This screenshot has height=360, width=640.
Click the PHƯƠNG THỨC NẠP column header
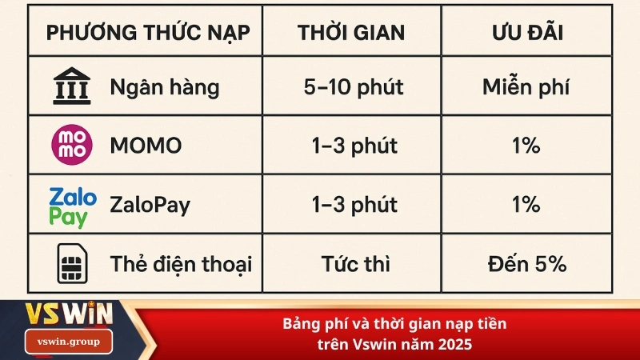point(148,34)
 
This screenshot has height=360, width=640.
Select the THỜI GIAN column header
point(351,34)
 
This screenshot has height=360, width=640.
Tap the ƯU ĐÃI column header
point(526,34)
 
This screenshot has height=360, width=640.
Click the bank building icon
point(71,86)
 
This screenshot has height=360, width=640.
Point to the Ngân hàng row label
point(164,87)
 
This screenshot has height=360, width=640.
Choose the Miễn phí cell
point(526,87)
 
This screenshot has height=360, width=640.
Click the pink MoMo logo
point(71,146)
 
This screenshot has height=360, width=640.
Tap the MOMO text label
point(146,146)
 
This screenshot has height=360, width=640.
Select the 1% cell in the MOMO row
point(526,146)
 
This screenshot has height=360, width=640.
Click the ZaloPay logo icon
point(72,206)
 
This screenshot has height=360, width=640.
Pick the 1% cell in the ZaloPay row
point(526,206)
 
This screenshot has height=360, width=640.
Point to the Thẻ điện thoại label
point(181,263)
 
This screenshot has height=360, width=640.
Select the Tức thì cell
point(353,263)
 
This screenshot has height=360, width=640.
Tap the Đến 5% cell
point(526,263)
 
